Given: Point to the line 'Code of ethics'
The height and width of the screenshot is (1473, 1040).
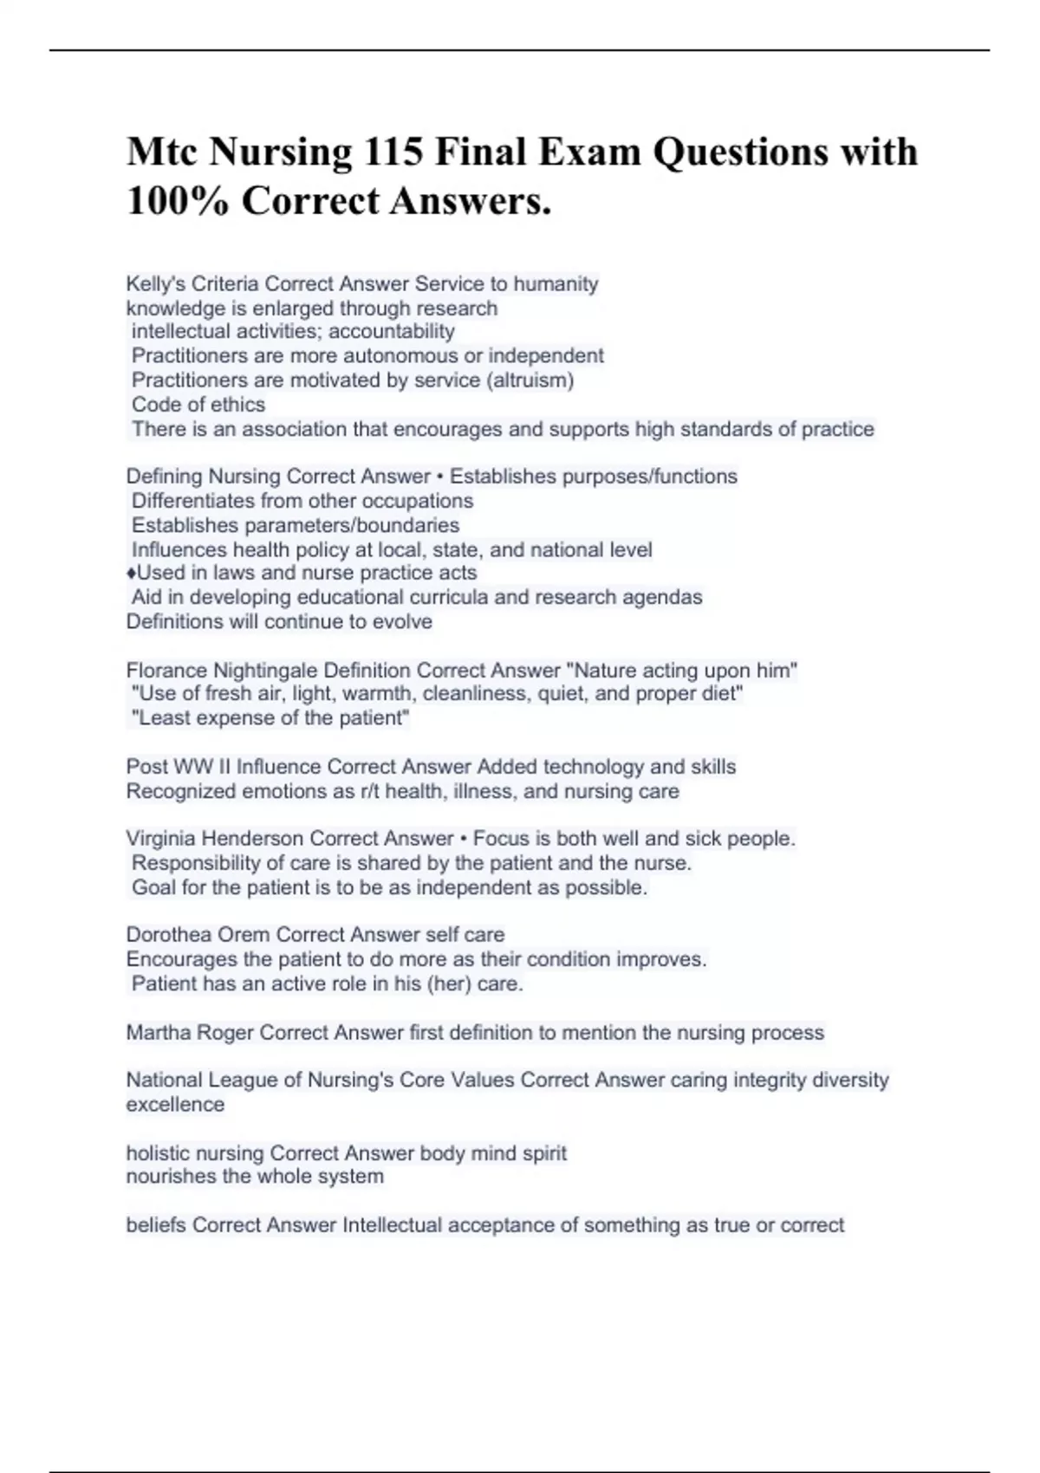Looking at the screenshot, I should (x=198, y=405).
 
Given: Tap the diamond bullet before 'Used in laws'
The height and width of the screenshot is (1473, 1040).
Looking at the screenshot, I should (x=131, y=574).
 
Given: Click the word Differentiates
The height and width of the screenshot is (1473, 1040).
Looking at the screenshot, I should (x=191, y=501).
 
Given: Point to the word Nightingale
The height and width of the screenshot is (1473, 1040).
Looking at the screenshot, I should (x=265, y=671).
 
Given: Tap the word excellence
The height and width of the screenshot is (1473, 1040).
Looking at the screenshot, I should (x=175, y=1105).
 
